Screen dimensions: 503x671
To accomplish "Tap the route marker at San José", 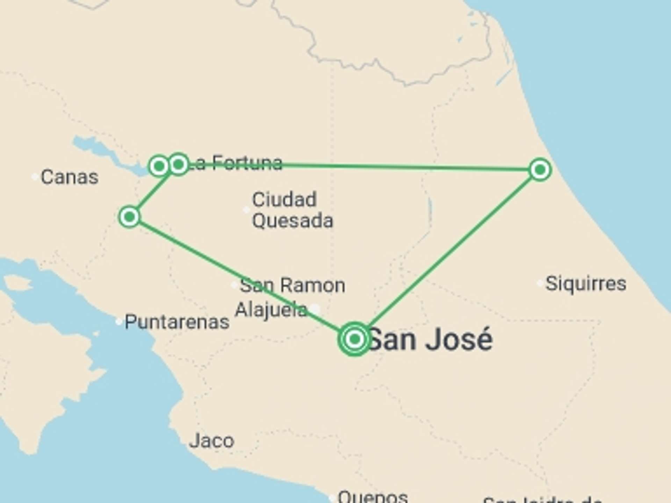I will pos(355,339).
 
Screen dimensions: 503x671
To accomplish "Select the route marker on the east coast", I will pos(540,170).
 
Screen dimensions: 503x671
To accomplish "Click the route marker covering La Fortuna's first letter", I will pos(179,164).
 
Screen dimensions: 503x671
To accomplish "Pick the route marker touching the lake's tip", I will pos(159,166).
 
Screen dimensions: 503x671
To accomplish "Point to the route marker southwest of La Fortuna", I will pos(129,217).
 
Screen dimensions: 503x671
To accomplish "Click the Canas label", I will pos(70,177).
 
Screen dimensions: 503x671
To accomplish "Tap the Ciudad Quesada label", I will pos(292,210).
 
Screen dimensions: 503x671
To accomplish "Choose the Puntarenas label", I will pos(177,322).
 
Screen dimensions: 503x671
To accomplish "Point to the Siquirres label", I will pos(586,283).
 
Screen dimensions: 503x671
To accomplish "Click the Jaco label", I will pos(212,441).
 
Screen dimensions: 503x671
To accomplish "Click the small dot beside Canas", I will pos(35,177).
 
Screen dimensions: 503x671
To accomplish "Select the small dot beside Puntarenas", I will pos(119,322).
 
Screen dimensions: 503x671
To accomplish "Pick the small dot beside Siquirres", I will pos(540,283).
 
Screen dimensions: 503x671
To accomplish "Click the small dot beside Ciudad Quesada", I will pos(246,210).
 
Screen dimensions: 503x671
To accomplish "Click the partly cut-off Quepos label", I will pos(373,497).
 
